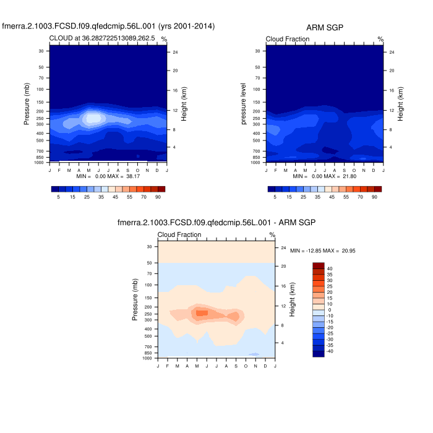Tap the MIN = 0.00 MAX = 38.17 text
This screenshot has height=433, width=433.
[x=108, y=176]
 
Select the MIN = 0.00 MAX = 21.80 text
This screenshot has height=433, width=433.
[x=325, y=176]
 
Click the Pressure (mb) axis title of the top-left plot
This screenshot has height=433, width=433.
[x=27, y=106]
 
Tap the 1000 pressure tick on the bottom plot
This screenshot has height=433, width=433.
[x=148, y=358]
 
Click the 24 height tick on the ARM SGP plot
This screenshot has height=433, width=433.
[x=392, y=52]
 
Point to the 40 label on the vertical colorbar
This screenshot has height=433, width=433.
[x=330, y=268]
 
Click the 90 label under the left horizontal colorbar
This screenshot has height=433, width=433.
[x=158, y=196]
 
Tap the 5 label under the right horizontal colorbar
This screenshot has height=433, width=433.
[x=275, y=196]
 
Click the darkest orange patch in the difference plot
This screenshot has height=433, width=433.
[x=202, y=313]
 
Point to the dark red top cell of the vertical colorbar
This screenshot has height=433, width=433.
[x=319, y=265]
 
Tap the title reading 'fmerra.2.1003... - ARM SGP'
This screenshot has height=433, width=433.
[x=216, y=222]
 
